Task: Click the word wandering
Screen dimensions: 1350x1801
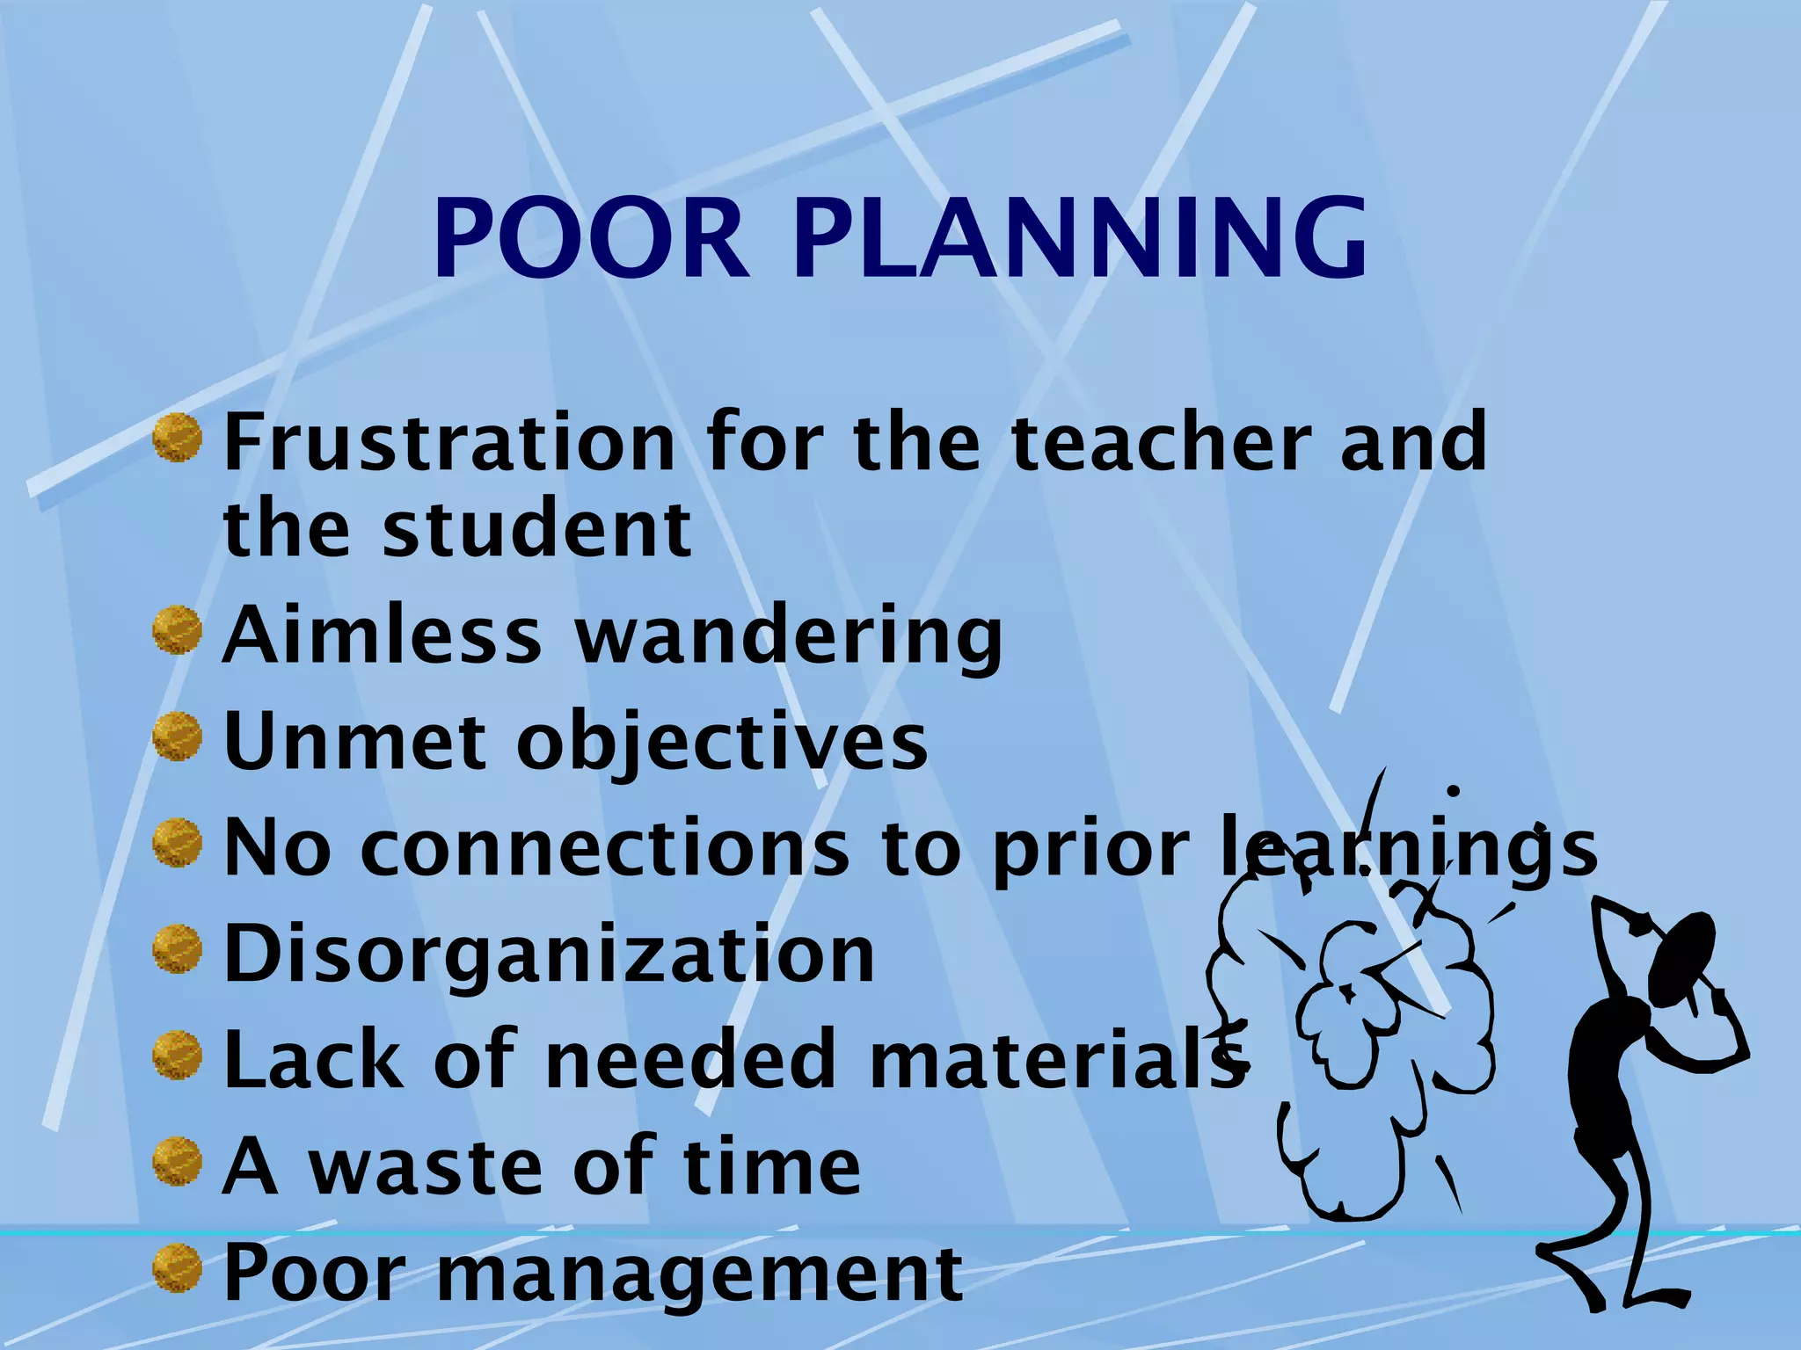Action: [789, 636]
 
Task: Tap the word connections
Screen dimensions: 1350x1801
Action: [605, 848]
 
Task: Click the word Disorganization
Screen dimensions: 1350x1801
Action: [550, 955]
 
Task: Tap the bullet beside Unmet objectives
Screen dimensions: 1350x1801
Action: [178, 737]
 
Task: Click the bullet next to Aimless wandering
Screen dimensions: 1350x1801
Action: [178, 631]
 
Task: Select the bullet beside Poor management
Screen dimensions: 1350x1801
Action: [178, 1269]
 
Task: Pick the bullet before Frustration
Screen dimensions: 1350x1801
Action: [178, 438]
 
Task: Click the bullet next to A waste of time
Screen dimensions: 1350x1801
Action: [178, 1162]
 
